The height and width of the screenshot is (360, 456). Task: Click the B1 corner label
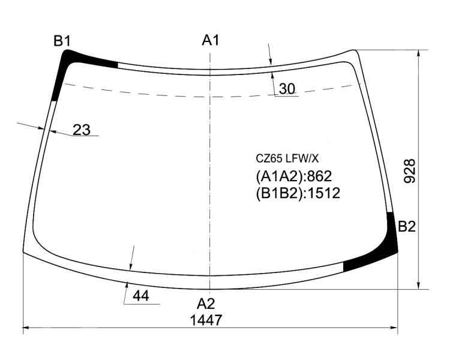[62, 41]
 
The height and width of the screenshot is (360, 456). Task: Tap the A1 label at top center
[211, 40]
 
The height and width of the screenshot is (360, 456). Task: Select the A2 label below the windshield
[206, 304]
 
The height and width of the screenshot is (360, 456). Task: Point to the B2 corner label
[407, 227]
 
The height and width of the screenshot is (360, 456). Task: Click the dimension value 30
[287, 89]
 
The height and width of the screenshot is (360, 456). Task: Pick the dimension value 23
[82, 130]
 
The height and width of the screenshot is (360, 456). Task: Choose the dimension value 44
[141, 296]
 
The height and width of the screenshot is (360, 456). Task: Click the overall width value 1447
[206, 320]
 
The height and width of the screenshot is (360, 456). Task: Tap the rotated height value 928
[410, 171]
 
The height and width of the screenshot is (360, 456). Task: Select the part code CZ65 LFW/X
[287, 159]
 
